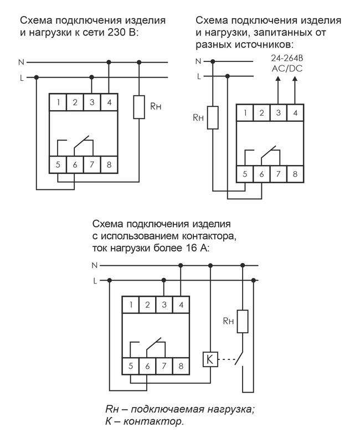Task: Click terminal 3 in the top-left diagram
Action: [92, 102]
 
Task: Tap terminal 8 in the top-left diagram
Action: [109, 164]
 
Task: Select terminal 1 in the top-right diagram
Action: [244, 114]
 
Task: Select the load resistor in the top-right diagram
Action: [213, 117]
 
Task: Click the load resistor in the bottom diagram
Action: [242, 321]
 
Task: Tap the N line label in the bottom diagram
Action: [95, 265]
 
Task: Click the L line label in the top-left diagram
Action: [22, 78]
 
